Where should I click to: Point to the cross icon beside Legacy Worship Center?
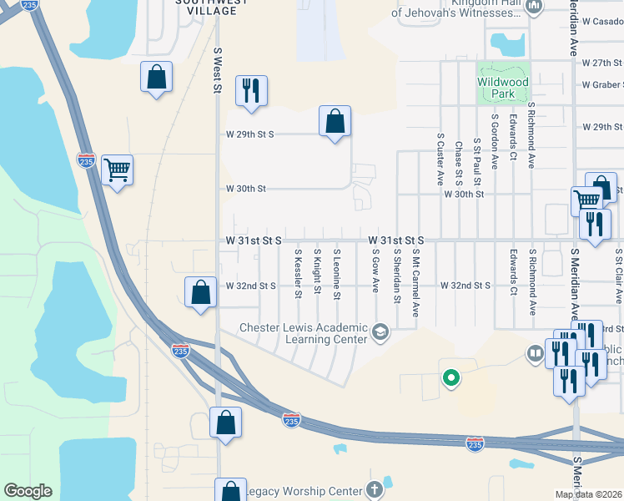[375, 489]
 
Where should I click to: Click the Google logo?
[28, 491]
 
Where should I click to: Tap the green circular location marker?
[451, 378]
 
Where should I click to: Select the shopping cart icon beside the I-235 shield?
[118, 170]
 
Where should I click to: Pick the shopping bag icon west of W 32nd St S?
[200, 293]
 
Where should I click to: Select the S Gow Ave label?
[375, 271]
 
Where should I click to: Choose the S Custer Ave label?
[440, 158]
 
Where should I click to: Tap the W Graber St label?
[601, 84]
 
